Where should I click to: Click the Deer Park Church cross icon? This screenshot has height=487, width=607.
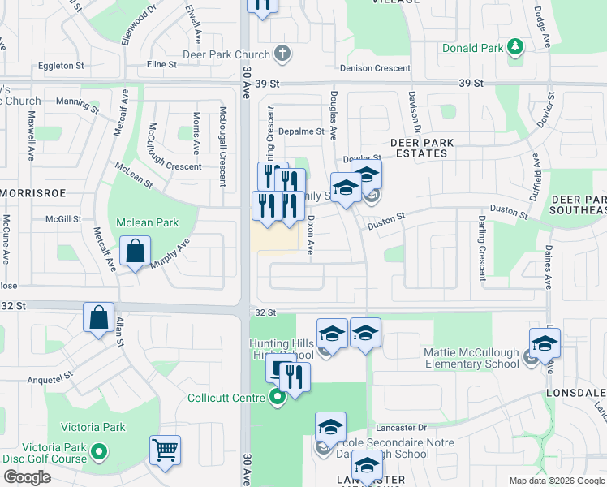coord(282,54)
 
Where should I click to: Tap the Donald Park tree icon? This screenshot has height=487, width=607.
coord(514,48)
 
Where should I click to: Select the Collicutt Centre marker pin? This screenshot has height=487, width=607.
coord(278,398)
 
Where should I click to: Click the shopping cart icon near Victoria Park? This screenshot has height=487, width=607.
coord(165,450)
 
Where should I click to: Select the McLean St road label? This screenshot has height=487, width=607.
coord(134,174)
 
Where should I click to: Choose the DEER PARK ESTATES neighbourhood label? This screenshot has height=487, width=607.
coord(421,148)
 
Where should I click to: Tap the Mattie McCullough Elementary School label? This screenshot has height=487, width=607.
coord(471,358)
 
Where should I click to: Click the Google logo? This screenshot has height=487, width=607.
coord(27,477)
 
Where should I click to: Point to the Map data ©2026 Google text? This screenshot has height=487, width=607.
coord(557,481)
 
